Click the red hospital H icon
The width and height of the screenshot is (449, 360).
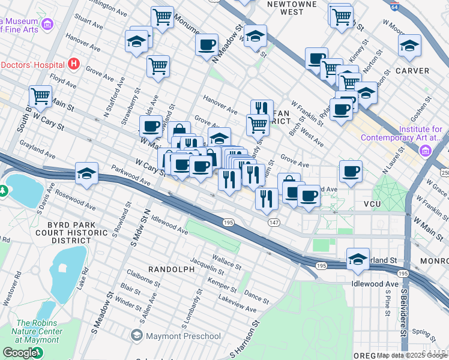click(x=74, y=63)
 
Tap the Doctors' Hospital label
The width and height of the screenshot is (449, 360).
click(x=31, y=64)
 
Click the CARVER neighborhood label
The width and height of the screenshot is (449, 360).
click(x=412, y=71)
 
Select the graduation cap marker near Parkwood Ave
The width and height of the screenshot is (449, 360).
click(x=87, y=173)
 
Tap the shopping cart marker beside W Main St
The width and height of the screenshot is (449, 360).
click(x=40, y=95)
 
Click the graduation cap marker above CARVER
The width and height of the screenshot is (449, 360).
click(x=409, y=44)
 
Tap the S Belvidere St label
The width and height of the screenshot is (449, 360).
click(x=405, y=318)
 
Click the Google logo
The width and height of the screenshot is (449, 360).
click(x=20, y=353)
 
